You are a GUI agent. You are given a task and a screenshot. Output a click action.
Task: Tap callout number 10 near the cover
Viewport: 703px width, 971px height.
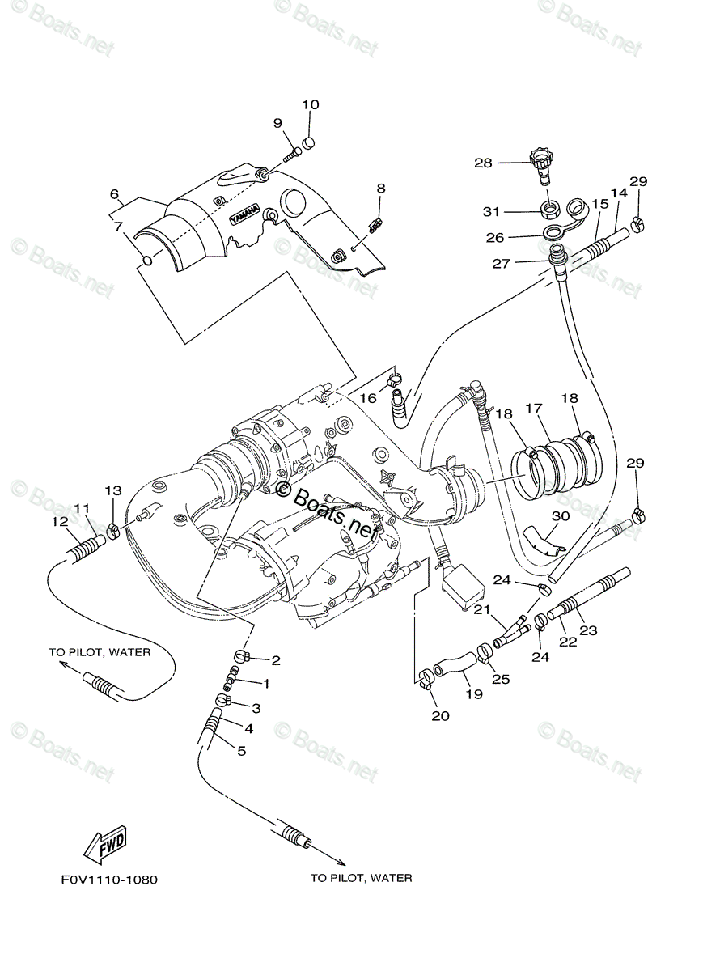[311, 104]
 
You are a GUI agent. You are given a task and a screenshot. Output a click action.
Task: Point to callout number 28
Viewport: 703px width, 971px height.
[483, 163]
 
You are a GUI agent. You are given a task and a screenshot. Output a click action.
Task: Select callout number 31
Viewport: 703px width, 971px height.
[492, 212]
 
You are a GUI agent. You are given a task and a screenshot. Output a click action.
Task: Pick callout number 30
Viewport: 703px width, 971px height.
[561, 515]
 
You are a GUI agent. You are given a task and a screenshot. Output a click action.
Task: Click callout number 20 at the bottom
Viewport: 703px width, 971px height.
[441, 715]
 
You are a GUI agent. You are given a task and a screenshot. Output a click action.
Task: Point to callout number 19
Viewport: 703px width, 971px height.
[468, 693]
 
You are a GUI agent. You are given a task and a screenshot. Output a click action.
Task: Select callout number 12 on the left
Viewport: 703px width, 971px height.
[60, 522]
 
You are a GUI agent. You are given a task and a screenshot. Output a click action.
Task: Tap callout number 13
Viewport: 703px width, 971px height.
[113, 491]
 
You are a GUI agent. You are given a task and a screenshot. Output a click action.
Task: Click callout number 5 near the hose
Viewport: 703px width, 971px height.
[241, 751]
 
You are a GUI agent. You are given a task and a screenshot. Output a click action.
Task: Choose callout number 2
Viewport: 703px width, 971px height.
[275, 660]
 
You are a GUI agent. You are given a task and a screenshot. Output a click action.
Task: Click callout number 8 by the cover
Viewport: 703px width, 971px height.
[380, 189]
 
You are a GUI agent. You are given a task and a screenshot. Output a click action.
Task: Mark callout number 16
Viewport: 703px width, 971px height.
[368, 398]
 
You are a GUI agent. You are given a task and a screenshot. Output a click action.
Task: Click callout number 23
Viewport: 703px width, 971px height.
[587, 630]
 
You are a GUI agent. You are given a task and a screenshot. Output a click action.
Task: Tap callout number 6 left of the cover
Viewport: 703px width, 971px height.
[114, 195]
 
